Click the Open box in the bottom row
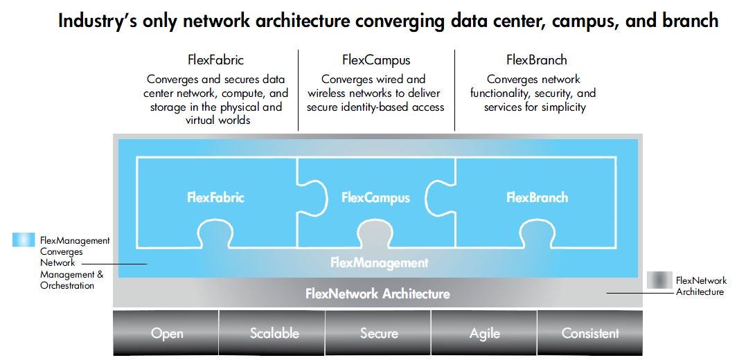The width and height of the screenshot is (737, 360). click(167, 333)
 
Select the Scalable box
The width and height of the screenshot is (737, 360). click(274, 333)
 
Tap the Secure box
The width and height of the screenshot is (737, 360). click(379, 333)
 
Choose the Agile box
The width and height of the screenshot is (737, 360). click(484, 333)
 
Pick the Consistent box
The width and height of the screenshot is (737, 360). click(590, 333)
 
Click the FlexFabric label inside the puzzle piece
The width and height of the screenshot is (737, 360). click(215, 197)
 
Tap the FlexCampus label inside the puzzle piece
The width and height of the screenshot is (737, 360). click(375, 197)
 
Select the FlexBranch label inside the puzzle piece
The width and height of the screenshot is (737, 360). click(537, 197)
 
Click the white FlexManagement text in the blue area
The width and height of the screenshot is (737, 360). click(379, 262)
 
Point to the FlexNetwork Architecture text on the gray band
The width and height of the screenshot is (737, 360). click(378, 294)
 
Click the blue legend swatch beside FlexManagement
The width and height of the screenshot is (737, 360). click(24, 240)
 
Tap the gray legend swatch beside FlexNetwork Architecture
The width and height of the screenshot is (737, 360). click(658, 280)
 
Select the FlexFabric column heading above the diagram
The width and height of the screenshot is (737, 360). click(215, 60)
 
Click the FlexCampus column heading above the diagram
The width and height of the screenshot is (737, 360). click(376, 60)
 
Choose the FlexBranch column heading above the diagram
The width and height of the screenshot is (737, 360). click(537, 60)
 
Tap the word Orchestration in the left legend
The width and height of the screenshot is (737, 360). click(67, 285)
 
